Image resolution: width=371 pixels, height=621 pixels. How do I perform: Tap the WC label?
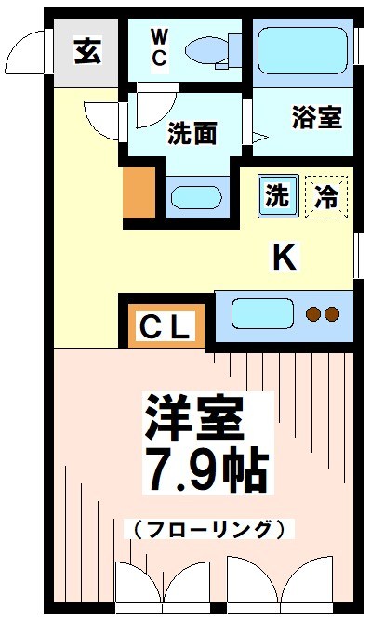click(160, 48)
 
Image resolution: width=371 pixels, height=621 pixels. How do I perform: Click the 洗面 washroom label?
click(192, 134)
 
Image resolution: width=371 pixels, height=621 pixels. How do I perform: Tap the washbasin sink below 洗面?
click(192, 196)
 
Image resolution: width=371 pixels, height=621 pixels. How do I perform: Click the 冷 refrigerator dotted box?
click(326, 196)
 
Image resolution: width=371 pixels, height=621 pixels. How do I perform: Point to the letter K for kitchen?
click(284, 257)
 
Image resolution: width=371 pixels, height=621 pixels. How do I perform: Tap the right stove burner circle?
click(332, 314)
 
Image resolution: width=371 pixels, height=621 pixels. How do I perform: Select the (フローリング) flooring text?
click(203, 530)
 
